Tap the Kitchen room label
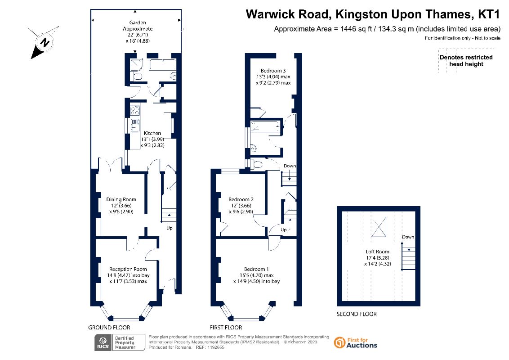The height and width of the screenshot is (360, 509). (152, 133)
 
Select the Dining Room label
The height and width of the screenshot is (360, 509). (121, 199)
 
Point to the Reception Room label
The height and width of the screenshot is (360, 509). (128, 269)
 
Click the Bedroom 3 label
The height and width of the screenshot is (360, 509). (273, 71)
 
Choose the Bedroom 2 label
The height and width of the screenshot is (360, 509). (241, 199)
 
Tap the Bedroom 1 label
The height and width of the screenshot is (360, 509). (256, 269)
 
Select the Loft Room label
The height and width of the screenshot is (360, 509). (377, 252)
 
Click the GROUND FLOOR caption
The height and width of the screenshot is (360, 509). (109, 328)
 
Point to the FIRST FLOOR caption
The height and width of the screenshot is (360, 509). (226, 328)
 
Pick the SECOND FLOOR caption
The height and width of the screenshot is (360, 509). (357, 314)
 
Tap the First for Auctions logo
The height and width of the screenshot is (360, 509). (356, 343)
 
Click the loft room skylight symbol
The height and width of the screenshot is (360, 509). (379, 227)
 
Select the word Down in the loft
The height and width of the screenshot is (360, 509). (408, 237)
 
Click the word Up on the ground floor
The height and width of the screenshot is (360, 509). (170, 228)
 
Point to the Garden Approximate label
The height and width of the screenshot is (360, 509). (138, 26)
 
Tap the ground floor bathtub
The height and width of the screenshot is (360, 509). (162, 64)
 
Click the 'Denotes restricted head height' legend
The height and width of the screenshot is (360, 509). (466, 61)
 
